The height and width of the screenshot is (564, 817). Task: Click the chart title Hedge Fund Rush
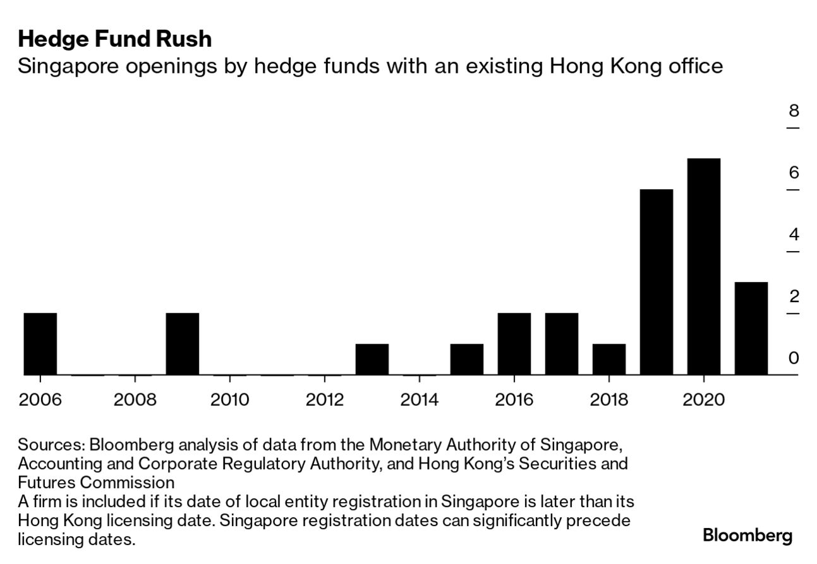(114, 39)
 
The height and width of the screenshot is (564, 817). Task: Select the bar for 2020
(703, 266)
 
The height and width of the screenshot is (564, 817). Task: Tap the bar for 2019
(656, 282)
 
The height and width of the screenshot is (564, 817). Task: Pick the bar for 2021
(751, 328)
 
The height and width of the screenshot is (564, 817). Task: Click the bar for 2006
(40, 344)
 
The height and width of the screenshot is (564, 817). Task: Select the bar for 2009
(182, 344)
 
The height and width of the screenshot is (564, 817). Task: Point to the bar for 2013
(372, 359)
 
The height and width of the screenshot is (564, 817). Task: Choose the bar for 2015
(466, 359)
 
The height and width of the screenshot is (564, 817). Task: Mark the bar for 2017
(561, 344)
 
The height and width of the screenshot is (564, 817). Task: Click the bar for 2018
(608, 359)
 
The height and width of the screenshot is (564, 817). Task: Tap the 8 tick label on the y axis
(793, 111)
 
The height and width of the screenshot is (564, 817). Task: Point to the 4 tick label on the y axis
(793, 235)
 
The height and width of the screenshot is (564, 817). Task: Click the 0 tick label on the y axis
(793, 358)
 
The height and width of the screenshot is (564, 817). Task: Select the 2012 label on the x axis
(324, 400)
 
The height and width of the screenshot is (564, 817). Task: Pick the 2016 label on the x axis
(514, 400)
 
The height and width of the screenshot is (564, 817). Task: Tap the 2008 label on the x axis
(135, 400)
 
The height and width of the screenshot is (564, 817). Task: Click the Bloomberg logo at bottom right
(747, 536)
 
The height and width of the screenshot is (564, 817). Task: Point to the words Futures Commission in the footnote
(96, 482)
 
